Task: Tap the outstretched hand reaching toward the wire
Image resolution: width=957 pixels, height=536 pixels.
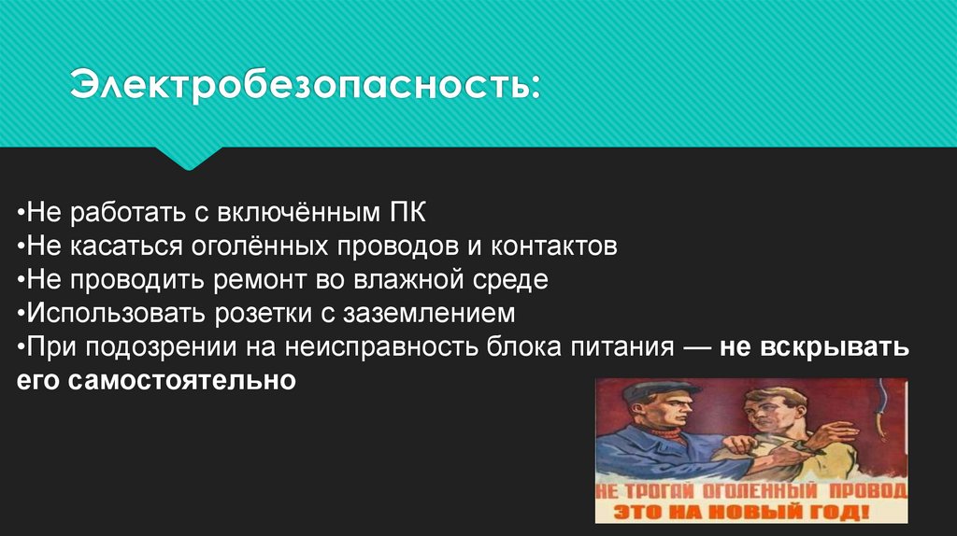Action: click(x=837, y=434)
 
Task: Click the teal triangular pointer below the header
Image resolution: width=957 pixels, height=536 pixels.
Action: click(x=191, y=157)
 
